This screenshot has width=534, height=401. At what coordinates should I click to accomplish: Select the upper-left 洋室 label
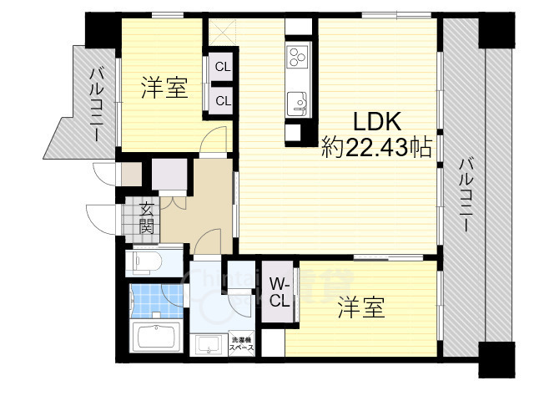tap(164, 88)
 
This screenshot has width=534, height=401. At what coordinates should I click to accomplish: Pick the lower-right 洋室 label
tap(361, 308)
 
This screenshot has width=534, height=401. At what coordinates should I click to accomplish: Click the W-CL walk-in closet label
tap(280, 292)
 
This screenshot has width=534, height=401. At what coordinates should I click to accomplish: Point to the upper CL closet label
tap(223, 67)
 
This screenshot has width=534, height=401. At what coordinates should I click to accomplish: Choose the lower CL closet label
tap(223, 100)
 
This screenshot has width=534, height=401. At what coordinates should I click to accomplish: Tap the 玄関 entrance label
tap(147, 217)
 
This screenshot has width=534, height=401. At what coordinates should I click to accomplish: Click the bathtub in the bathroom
tap(157, 338)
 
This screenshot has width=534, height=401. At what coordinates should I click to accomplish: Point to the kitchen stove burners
tap(298, 58)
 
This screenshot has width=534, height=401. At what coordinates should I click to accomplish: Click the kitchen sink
tap(298, 104)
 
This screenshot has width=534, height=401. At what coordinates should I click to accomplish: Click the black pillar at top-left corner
tap(103, 28)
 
